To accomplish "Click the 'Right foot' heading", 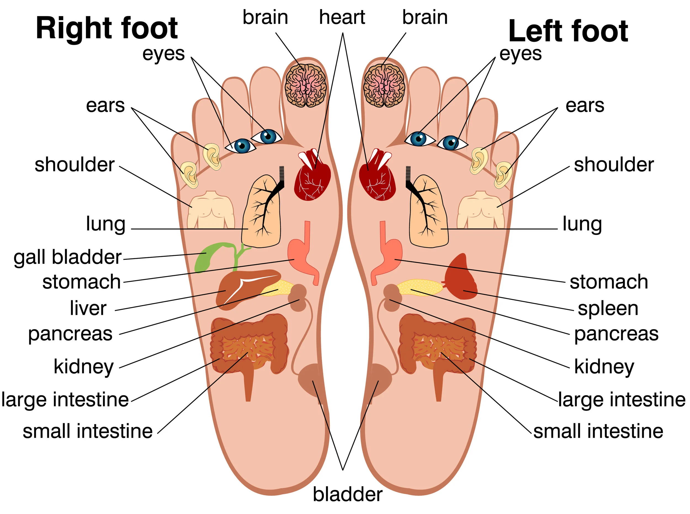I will click(x=107, y=29).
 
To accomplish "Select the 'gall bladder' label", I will click(x=67, y=257).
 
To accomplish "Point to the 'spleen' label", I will click(x=608, y=308).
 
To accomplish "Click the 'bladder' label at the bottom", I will click(x=347, y=494).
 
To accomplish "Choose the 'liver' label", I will click(x=88, y=308).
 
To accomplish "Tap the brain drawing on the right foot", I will click(x=305, y=86).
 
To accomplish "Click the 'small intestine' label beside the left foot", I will click(x=598, y=431).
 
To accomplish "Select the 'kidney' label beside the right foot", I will click(x=83, y=366).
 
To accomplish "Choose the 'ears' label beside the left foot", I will click(x=585, y=105).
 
